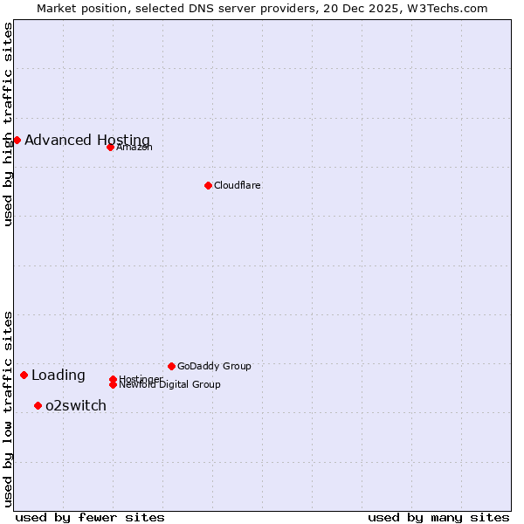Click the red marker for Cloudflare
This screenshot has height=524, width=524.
coord(208,185)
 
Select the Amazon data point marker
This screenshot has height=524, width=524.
coord(110,147)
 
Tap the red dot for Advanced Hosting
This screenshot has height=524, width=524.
coord(17,140)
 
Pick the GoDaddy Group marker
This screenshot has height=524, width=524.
coord(171,366)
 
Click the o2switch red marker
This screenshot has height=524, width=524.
coord(38,405)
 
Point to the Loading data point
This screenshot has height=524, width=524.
coord(24,375)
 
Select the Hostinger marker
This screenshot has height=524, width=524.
coord(113,379)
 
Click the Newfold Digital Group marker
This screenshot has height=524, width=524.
coord(113,384)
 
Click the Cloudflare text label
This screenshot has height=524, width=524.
coord(237,185)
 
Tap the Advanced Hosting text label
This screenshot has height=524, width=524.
coord(87,140)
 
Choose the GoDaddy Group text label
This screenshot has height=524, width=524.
coord(214,366)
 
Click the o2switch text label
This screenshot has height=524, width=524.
coord(76,405)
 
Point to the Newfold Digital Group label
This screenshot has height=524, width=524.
coord(169,385)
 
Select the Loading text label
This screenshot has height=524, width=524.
coord(59,376)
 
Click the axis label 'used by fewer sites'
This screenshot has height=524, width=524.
coord(90,517)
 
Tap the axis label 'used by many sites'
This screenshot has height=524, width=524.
coord(438,517)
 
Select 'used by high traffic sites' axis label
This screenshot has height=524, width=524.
coord(8,124)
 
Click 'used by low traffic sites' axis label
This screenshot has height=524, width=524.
coord(8,408)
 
